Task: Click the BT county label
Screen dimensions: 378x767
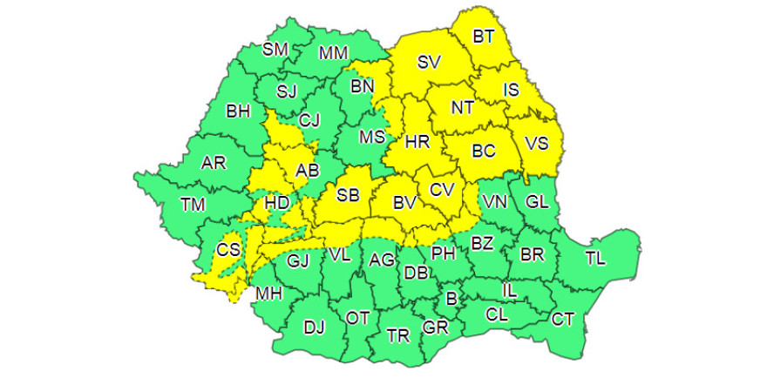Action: (483, 37)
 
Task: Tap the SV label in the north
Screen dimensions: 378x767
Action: (429, 62)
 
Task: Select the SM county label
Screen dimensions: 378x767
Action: (275, 50)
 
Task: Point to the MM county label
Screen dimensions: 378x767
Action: (333, 53)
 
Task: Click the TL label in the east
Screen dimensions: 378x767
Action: (596, 258)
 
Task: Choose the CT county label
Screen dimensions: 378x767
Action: (563, 320)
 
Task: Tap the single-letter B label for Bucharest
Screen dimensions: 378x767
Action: (451, 299)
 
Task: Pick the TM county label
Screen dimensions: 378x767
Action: (193, 205)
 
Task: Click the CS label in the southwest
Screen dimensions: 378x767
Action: (228, 249)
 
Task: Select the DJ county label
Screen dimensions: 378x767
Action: (314, 327)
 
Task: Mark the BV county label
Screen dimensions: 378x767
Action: (403, 203)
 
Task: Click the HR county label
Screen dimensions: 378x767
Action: (418, 142)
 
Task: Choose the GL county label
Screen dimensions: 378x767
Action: (537, 201)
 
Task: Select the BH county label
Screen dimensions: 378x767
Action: (237, 111)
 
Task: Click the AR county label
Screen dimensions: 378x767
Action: (214, 163)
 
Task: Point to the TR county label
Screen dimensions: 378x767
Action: (397, 335)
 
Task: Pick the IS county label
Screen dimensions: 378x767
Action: (512, 88)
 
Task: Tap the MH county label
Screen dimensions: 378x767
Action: (268, 294)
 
